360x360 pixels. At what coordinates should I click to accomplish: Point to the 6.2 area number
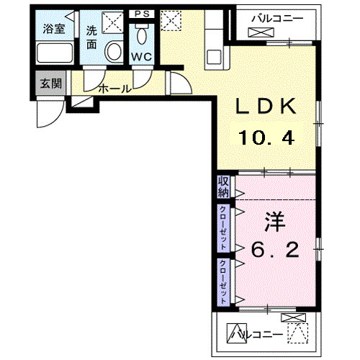click(x=274, y=251)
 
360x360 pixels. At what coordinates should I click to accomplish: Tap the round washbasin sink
click(x=114, y=51)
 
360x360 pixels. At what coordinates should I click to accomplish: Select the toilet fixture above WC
click(x=141, y=35)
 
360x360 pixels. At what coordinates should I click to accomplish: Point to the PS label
click(x=140, y=13)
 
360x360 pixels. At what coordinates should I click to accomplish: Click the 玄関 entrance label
click(x=50, y=83)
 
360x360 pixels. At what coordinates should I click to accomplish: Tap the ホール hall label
click(x=114, y=89)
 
